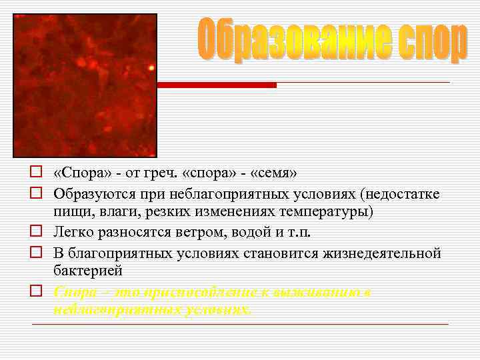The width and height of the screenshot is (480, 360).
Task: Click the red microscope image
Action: coord(85,85)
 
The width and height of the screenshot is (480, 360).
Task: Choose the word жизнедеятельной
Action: coord(385,253)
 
